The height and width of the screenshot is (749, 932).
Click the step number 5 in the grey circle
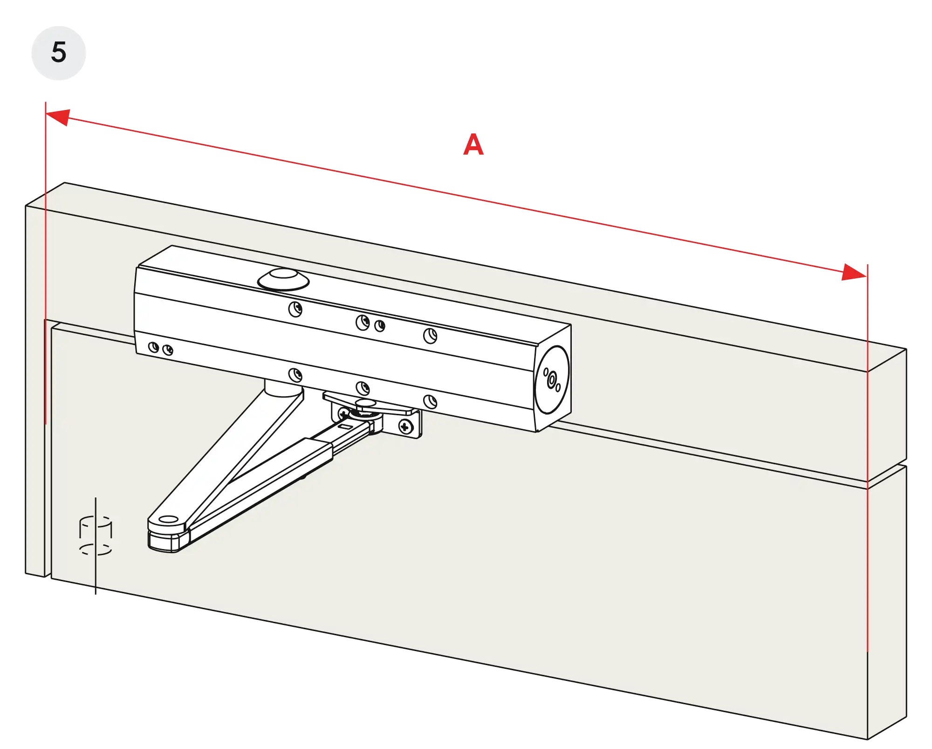point(59,52)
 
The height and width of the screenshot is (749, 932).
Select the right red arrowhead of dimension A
point(854,272)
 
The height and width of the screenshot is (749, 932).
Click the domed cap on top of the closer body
point(283,279)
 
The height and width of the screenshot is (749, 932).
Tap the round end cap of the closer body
point(552,379)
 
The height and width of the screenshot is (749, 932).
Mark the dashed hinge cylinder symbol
point(96,536)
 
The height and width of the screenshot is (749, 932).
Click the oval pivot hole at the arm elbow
point(168,519)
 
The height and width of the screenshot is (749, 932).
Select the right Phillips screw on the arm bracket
point(405,426)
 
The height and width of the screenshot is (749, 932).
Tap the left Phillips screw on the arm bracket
point(343,413)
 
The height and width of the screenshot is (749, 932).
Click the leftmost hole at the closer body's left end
point(153,347)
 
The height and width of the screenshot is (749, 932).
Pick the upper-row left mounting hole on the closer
point(295,309)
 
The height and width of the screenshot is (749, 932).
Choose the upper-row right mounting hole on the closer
point(430,336)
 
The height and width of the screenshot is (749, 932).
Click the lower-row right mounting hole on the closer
point(430,401)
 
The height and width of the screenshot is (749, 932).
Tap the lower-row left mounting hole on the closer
point(295,375)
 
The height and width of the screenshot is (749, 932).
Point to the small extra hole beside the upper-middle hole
point(380,326)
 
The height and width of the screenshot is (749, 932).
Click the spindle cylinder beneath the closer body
point(282,388)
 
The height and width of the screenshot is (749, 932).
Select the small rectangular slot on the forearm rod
point(345,426)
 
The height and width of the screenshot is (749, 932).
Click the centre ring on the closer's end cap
point(552,380)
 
